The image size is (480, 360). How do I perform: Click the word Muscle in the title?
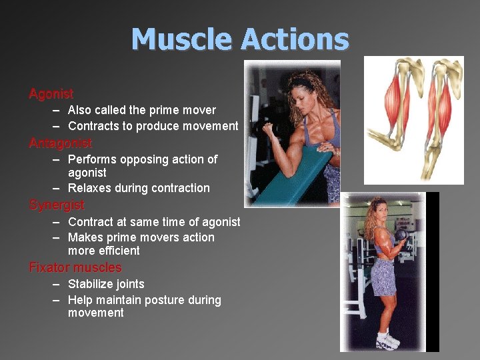point(182,39)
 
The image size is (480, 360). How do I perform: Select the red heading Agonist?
point(51,94)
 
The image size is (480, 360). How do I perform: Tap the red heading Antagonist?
point(60,143)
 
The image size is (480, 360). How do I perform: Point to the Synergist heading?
point(57,205)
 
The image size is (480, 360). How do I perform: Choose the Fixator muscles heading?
point(75,267)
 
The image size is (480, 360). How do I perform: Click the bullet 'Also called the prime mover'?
point(142,110)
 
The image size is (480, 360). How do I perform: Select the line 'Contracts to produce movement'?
point(153,126)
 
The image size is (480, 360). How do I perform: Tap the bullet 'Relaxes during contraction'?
point(139,188)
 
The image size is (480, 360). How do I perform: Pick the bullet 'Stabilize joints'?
point(106,284)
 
